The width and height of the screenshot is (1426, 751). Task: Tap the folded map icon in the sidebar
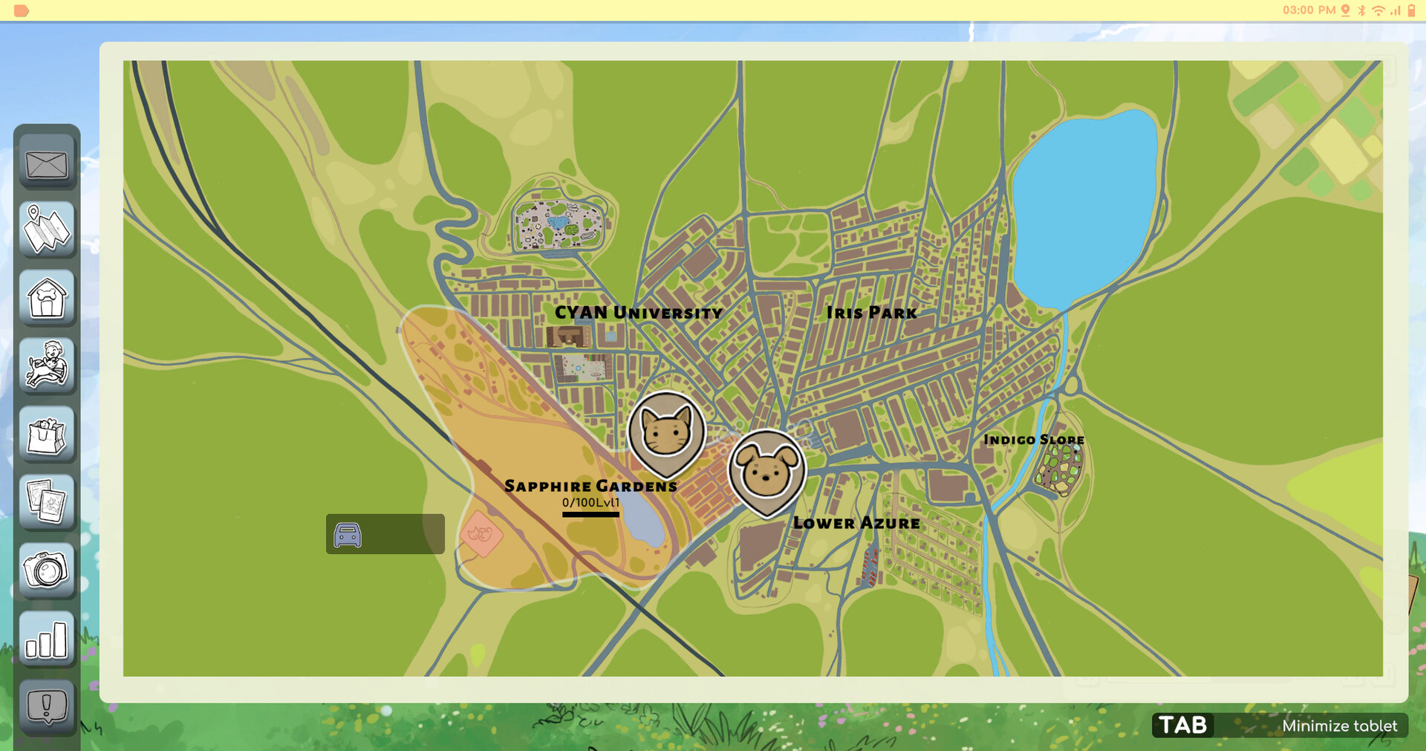(x=47, y=230)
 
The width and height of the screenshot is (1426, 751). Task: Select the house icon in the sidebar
(x=47, y=297)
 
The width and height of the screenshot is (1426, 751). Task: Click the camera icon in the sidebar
(x=47, y=570)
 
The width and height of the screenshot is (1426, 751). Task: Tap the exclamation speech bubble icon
(x=47, y=706)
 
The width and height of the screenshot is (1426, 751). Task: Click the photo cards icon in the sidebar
(x=47, y=502)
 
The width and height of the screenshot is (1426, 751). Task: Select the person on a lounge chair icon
(x=47, y=365)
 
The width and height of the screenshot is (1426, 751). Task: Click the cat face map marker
(x=666, y=432)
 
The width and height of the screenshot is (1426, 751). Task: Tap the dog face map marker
(x=766, y=470)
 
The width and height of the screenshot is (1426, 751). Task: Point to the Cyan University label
(x=638, y=313)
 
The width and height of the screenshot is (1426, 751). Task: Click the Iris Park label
(x=871, y=313)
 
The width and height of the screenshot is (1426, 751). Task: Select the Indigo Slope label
(x=1033, y=440)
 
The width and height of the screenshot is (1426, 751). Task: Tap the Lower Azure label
(x=856, y=523)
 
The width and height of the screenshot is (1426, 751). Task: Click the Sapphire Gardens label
(x=590, y=486)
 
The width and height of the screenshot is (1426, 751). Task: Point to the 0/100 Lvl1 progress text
(x=590, y=503)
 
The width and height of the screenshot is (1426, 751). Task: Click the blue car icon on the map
(x=348, y=534)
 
